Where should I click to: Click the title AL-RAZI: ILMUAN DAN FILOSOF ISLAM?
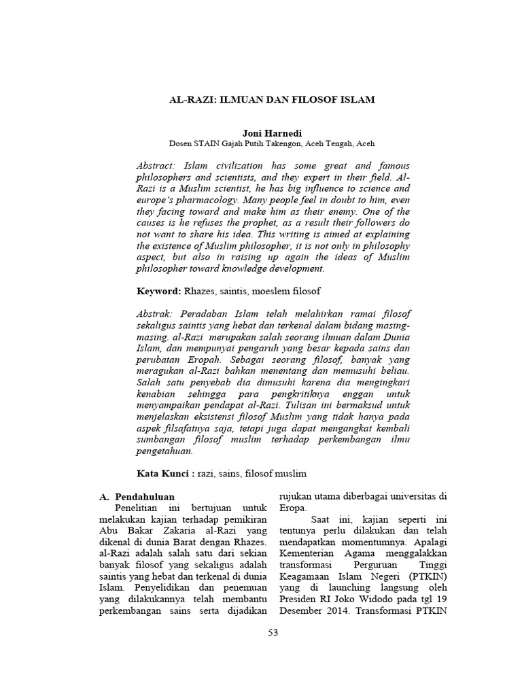coord(271,99)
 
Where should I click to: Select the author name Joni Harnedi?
coord(271,133)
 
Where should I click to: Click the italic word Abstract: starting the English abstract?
coord(156,166)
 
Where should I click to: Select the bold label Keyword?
coord(158,290)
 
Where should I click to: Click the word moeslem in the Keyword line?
coord(277,290)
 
